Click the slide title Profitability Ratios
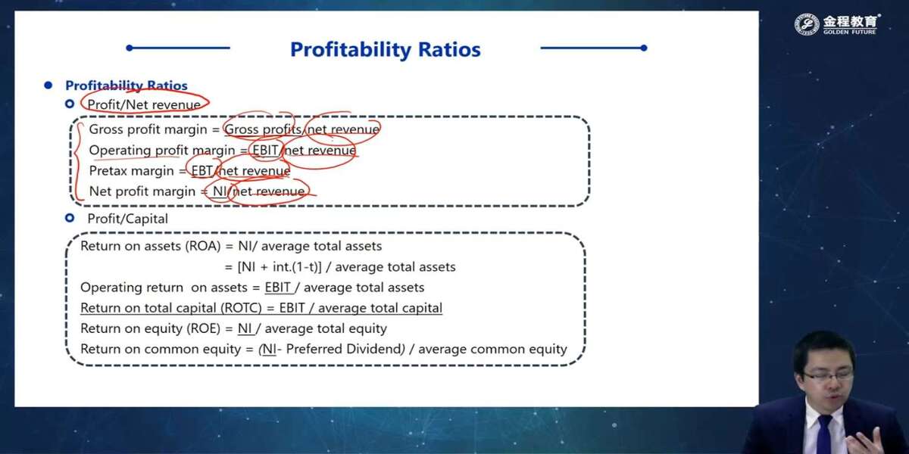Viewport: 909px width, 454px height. pyautogui.click(x=385, y=49)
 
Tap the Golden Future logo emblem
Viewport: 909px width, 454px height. pyautogui.click(x=807, y=24)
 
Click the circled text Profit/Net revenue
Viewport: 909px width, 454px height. pyautogui.click(x=144, y=104)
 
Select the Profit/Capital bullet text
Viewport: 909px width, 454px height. pyautogui.click(x=127, y=219)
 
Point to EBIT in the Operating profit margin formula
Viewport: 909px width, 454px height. pyautogui.click(x=265, y=151)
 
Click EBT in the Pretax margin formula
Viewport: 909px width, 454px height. pyautogui.click(x=201, y=171)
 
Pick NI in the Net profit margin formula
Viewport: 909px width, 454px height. pyautogui.click(x=220, y=191)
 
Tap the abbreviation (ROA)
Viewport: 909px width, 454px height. pyautogui.click(x=203, y=247)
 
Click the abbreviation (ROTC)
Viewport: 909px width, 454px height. pyautogui.click(x=241, y=308)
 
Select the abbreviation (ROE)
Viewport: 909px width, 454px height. pyautogui.click(x=203, y=328)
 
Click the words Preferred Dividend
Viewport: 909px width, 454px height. pyautogui.click(x=343, y=349)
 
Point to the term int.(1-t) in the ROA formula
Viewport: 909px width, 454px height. pyautogui.click(x=297, y=267)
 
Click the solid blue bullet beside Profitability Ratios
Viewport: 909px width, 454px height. pyautogui.click(x=48, y=86)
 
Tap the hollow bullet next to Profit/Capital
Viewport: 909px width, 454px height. pyautogui.click(x=70, y=218)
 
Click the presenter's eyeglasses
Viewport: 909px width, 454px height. pyautogui.click(x=828, y=374)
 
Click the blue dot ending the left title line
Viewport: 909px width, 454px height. pyautogui.click(x=130, y=48)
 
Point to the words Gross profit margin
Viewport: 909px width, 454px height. pyautogui.click(x=148, y=129)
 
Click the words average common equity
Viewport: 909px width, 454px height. pyautogui.click(x=492, y=350)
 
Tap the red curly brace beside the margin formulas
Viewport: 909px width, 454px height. pyautogui.click(x=78, y=161)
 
